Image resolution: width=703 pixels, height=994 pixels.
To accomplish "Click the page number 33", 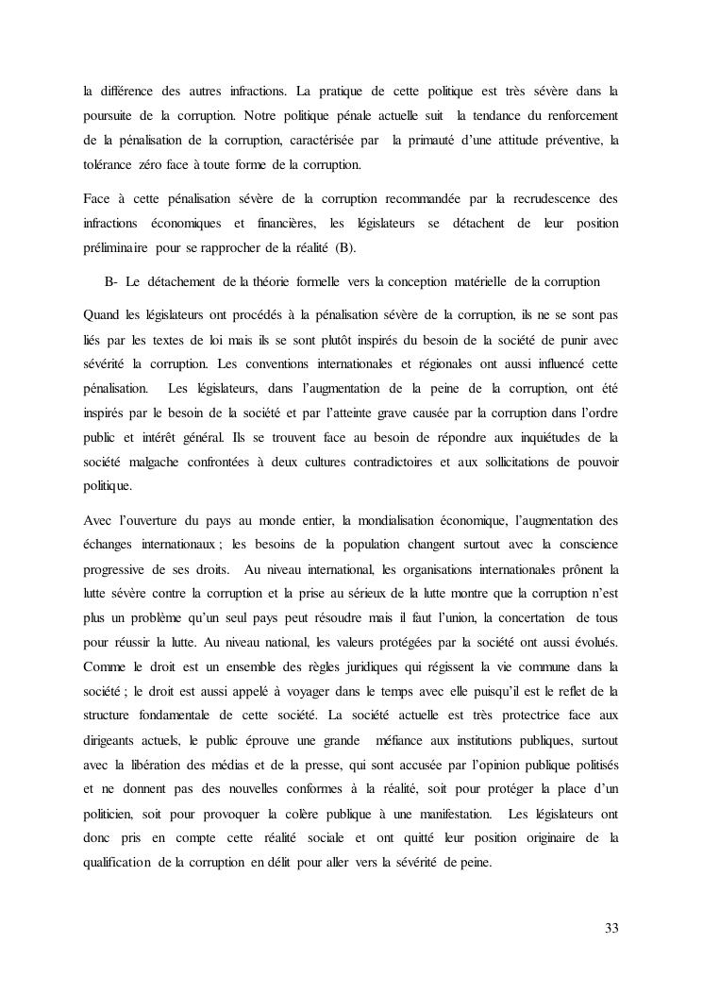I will pos(611,928).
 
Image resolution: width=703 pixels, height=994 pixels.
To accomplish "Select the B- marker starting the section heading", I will pos(110,282).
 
